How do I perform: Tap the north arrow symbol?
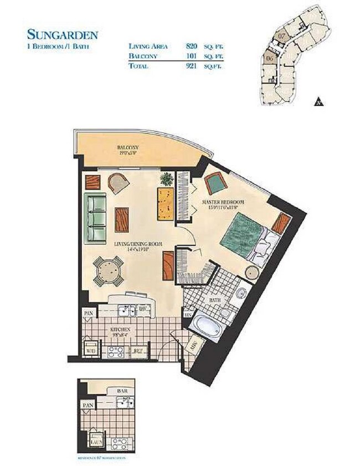pos(318,101)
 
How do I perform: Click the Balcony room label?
pos(127,148)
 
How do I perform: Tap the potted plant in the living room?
pos(165,178)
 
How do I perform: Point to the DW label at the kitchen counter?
pos(142,308)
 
